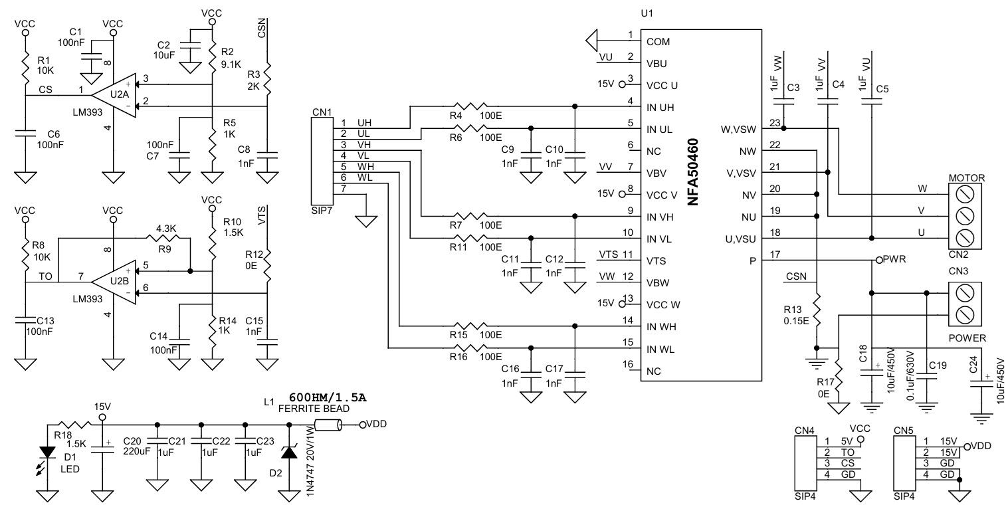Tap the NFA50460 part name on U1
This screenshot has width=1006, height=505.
tap(694, 172)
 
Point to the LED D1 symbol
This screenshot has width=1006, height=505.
tap(47, 454)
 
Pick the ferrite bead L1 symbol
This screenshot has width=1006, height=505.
tap(328, 425)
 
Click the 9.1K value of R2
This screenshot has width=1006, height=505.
tap(231, 64)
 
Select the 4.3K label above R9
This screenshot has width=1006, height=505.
tap(166, 228)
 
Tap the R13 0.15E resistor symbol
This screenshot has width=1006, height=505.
tap(817, 310)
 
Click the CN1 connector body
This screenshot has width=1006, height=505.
tap(322, 161)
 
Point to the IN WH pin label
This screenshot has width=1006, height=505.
tap(661, 327)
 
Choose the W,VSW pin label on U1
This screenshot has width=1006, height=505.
tap(738, 130)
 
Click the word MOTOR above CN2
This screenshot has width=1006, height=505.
tap(967, 178)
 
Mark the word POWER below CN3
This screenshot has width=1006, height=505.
tap(967, 338)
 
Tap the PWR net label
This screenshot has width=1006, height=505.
tap(894, 259)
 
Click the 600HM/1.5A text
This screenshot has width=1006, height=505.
tap(328, 397)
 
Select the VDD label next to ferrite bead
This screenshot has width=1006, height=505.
tap(376, 424)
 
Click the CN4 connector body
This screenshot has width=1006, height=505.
tap(806, 463)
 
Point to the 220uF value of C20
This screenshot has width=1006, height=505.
tap(137, 451)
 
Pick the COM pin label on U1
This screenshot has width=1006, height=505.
tap(658, 42)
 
